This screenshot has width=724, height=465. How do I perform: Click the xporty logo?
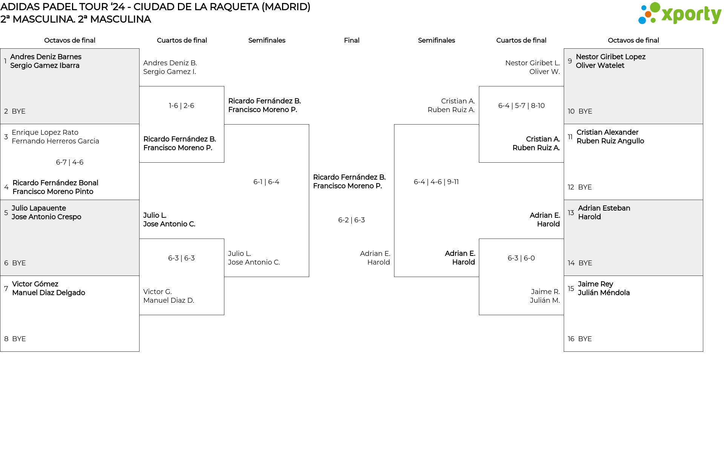[680, 14]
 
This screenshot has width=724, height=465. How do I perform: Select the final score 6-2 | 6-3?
[351, 220]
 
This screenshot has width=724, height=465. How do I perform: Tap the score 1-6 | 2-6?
[181, 106]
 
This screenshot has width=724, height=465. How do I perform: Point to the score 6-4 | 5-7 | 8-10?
[521, 106]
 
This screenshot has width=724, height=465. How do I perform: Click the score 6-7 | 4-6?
[70, 162]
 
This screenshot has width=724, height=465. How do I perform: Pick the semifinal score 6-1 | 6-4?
[266, 182]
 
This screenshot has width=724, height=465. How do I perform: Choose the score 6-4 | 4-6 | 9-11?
[436, 182]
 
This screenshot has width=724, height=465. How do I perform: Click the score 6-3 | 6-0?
[521, 258]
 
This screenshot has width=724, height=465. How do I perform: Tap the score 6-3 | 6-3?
[181, 258]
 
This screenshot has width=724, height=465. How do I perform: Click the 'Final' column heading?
[351, 40]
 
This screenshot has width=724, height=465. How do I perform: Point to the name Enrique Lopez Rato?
[45, 132]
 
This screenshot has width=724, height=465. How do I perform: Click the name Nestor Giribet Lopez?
[610, 57]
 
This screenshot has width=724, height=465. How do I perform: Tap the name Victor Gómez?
[35, 284]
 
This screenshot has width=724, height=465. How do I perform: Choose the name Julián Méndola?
[604, 293]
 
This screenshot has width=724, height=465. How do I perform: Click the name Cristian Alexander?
[607, 132]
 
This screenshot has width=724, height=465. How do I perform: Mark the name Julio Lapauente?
[38, 208]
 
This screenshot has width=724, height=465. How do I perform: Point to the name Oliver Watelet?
[600, 66]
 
